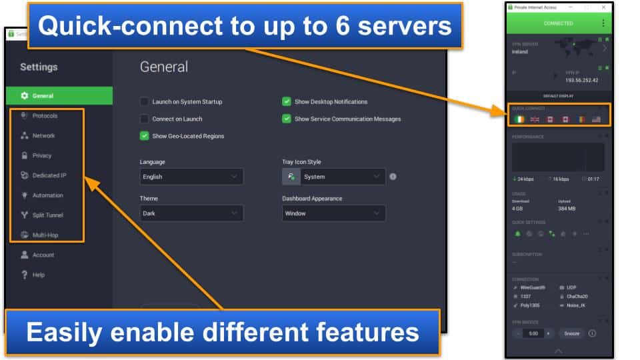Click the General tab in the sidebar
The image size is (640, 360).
(x=43, y=95)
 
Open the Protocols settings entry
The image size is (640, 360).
(x=45, y=116)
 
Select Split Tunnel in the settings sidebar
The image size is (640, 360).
(x=47, y=215)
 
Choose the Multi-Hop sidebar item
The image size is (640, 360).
(x=45, y=235)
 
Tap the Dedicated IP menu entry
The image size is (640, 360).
(x=49, y=176)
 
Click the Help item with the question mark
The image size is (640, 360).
(x=38, y=275)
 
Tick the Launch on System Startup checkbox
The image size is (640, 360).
(x=144, y=102)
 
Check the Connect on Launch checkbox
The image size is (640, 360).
(x=144, y=119)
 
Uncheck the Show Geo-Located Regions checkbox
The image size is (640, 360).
(x=144, y=136)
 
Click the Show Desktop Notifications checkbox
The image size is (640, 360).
(x=287, y=102)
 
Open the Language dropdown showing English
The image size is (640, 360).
(x=191, y=177)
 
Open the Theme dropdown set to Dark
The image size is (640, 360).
(x=191, y=213)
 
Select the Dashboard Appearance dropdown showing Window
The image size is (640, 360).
(x=333, y=213)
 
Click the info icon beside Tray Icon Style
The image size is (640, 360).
(x=393, y=177)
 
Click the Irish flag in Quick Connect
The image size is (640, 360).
(x=519, y=119)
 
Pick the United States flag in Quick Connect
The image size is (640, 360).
(x=595, y=119)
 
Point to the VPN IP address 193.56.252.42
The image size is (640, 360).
(x=582, y=80)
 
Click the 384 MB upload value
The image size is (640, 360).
(x=567, y=209)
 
